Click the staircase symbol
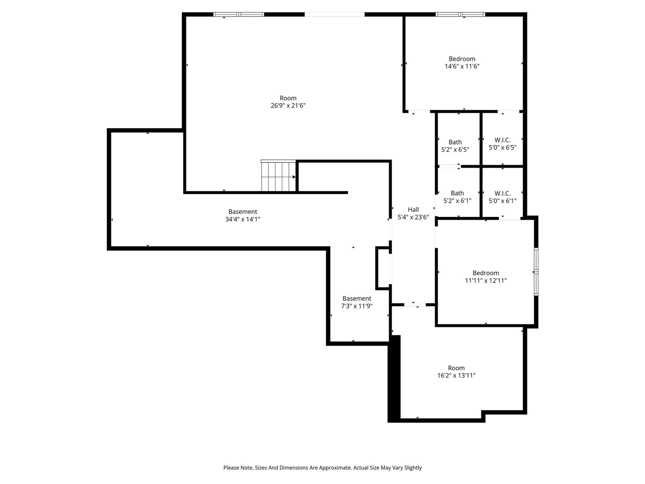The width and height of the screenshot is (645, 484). [x=278, y=176]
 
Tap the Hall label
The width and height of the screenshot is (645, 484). [x=413, y=210]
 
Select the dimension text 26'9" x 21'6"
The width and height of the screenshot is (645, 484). [x=288, y=106]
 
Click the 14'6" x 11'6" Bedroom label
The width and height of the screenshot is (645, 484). [x=462, y=59]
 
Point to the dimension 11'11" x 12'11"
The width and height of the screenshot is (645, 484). [x=486, y=281]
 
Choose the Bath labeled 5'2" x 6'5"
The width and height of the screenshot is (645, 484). [x=455, y=142]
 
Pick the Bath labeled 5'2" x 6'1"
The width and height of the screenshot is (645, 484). [x=457, y=193]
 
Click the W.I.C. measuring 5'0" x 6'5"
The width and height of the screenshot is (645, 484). [x=502, y=140]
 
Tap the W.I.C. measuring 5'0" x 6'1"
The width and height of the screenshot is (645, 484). [x=502, y=193]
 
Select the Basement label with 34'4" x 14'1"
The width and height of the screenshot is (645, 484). [x=242, y=212]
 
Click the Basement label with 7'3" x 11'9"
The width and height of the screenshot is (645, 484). [x=357, y=298]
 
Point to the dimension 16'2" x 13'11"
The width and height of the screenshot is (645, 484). [x=457, y=376]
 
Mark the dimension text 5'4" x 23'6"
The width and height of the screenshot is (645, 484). [x=413, y=217]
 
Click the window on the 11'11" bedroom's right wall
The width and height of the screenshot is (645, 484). [x=536, y=271]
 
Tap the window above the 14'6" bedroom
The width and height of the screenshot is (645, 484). [x=460, y=15]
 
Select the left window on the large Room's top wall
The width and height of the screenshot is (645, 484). [x=239, y=15]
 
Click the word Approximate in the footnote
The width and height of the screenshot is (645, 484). [x=334, y=468]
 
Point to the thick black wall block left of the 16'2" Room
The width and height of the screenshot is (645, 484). [x=394, y=378]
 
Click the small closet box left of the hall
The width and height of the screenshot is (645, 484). [x=383, y=268]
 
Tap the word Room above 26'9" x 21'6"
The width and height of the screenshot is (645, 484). [x=288, y=98]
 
